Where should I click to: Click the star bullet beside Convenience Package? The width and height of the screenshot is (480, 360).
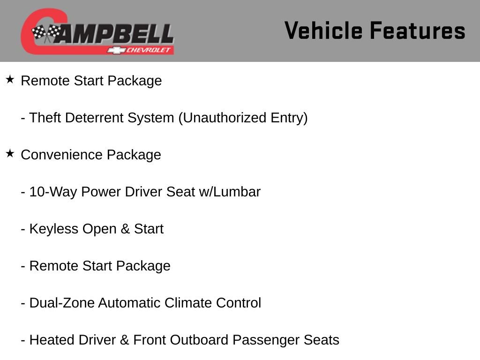point(10,153)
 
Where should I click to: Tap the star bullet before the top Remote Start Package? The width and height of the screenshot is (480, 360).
point(10,79)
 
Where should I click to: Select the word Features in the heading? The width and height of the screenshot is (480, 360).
point(417,31)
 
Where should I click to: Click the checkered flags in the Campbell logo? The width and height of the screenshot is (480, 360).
point(46,33)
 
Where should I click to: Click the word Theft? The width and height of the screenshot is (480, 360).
point(45,118)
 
